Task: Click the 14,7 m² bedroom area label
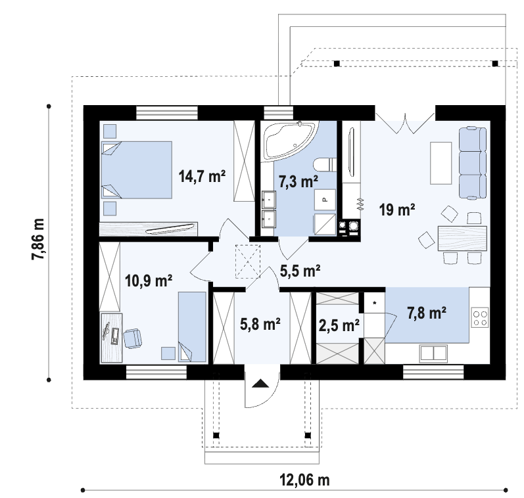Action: pyautogui.click(x=202, y=176)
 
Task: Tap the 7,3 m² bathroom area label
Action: pyautogui.click(x=298, y=182)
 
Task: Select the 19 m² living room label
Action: pyautogui.click(x=397, y=210)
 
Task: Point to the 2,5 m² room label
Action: pyautogui.click(x=339, y=325)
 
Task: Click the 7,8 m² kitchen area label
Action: pyautogui.click(x=427, y=313)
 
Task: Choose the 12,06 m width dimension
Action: pyautogui.click(x=304, y=481)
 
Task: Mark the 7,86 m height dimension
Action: pyautogui.click(x=37, y=238)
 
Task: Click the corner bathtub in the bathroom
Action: pyautogui.click(x=289, y=141)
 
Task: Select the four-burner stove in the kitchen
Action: pyautogui.click(x=480, y=317)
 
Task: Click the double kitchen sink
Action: pyautogui.click(x=433, y=353)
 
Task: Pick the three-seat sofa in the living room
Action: pyautogui.click(x=473, y=163)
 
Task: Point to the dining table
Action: pyautogui.click(x=462, y=238)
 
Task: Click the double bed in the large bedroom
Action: pyautogui.click(x=136, y=170)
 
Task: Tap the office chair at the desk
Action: pyautogui.click(x=133, y=338)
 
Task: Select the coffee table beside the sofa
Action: pyautogui.click(x=441, y=163)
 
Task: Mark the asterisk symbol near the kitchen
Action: pyautogui.click(x=375, y=304)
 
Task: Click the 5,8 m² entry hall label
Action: pyautogui.click(x=260, y=324)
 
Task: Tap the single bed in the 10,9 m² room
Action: pyautogui.click(x=192, y=327)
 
